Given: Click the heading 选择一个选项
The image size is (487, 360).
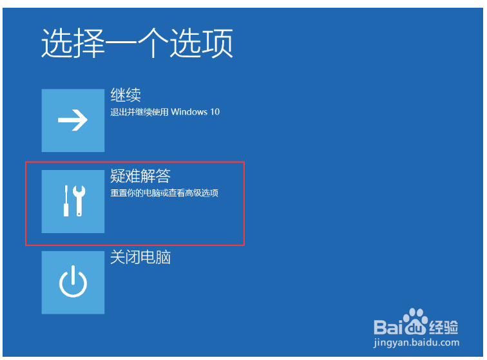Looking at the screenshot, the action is point(137,43).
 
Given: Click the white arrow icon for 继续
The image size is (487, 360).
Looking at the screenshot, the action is point(73,120).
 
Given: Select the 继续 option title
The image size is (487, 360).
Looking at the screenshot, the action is point(126,95).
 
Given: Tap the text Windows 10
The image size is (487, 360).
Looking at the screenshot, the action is point(195,112).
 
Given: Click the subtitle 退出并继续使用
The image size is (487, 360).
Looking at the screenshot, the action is point(139,112).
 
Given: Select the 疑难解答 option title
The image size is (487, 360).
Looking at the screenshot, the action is point(140,176).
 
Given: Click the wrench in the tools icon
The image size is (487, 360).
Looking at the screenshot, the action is point(79,201).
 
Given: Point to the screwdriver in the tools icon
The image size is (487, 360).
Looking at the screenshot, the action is point(66,201).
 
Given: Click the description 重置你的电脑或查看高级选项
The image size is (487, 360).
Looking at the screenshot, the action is point(164,193).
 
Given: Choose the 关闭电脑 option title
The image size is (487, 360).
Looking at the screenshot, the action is point(140,258).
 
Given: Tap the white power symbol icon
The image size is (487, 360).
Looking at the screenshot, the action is point(73,281).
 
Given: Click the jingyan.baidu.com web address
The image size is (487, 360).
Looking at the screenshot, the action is point(416,343).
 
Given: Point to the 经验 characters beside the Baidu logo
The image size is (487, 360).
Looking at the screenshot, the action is point(443,327).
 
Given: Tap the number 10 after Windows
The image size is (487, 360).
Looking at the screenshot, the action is point(215,112).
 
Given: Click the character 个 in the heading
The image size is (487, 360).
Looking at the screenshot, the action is point(153,43).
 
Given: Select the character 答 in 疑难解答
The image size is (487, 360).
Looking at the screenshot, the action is point(163,176).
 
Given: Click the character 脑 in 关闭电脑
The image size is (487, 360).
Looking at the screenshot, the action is point(163,258).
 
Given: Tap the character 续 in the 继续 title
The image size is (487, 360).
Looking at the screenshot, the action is point(133,95).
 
